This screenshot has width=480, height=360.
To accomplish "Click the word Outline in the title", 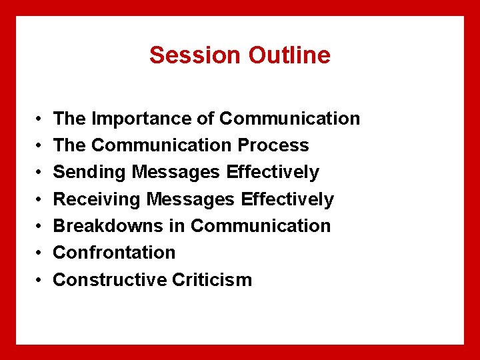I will pos(289,55).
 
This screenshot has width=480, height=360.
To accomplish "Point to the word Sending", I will pos(90,172).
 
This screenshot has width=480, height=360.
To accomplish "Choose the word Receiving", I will pos(97,199).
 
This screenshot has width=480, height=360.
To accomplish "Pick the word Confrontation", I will pos(114,253).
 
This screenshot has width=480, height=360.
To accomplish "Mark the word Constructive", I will pos(109,279).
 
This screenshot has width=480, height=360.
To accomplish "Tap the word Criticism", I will pos(212,279).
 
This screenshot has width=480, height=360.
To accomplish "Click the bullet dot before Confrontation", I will pos(39,253).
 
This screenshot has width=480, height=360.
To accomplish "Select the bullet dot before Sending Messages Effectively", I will pos(39,173).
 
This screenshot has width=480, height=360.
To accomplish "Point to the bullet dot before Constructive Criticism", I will pos(39,280).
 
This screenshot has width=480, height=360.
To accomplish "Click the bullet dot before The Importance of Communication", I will pos(39,119).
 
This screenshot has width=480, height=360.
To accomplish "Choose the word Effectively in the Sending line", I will pos(273,172).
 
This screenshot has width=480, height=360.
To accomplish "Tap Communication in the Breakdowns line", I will pos(261,226).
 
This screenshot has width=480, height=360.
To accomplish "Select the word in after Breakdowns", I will pos(177,226).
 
